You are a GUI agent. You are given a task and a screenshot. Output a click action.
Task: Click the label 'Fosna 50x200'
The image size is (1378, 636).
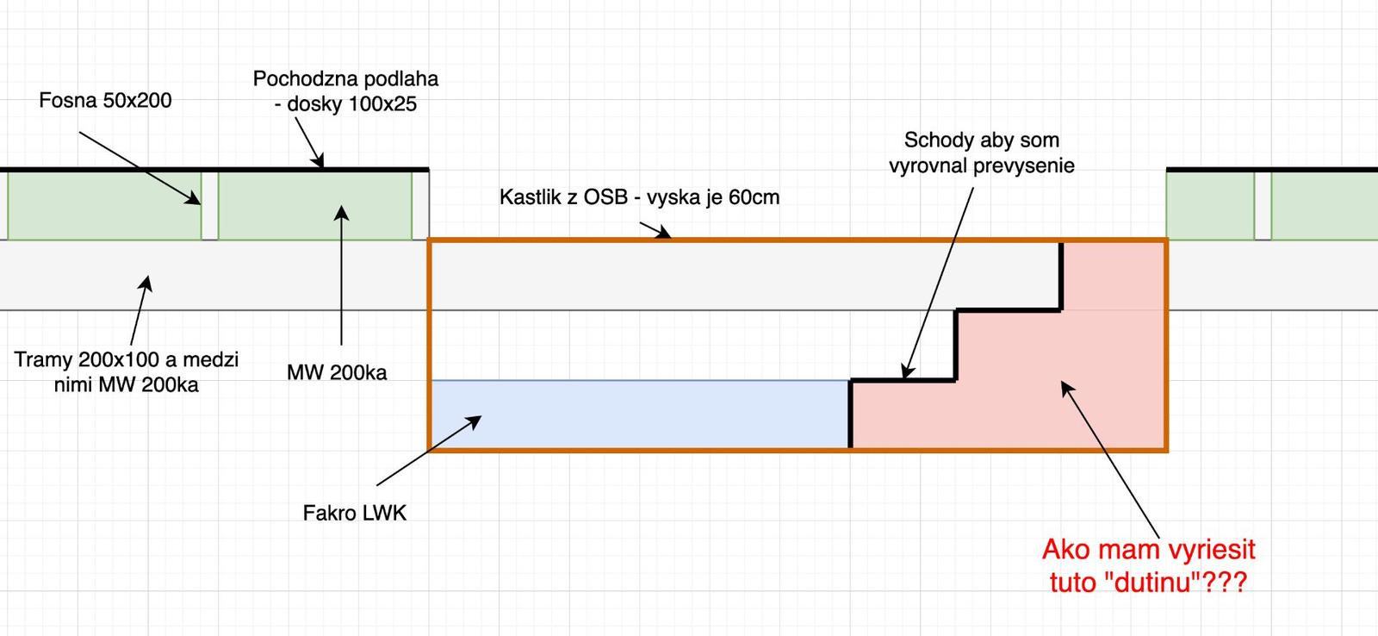click(x=105, y=100)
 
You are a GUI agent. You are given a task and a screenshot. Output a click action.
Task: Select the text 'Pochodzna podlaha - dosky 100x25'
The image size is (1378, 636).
click(x=345, y=91)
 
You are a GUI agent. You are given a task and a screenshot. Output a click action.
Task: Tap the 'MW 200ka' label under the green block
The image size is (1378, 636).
click(x=337, y=372)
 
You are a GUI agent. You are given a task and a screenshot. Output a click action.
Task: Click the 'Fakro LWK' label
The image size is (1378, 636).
click(x=354, y=514)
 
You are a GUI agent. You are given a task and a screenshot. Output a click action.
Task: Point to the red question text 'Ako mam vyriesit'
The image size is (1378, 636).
click(x=1148, y=549)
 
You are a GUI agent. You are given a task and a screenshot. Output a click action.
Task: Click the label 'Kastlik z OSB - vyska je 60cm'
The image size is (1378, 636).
click(x=639, y=197)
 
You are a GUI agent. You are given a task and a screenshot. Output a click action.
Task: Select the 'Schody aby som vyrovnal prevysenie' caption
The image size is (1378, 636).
click(x=981, y=152)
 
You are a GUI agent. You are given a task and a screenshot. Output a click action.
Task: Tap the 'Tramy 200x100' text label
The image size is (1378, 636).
click(x=126, y=359)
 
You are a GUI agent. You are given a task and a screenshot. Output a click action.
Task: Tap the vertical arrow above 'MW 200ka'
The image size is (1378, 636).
click(x=342, y=276)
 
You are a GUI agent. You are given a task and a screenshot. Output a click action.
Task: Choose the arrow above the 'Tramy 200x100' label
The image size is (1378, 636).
click(x=140, y=311)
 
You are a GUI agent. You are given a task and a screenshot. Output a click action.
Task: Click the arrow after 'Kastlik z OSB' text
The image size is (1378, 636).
click(x=654, y=228)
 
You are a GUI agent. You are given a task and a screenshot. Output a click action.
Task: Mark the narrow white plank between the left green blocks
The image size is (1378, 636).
click(x=209, y=205)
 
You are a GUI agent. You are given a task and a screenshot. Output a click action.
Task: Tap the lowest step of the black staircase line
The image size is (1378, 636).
click(x=903, y=380)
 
